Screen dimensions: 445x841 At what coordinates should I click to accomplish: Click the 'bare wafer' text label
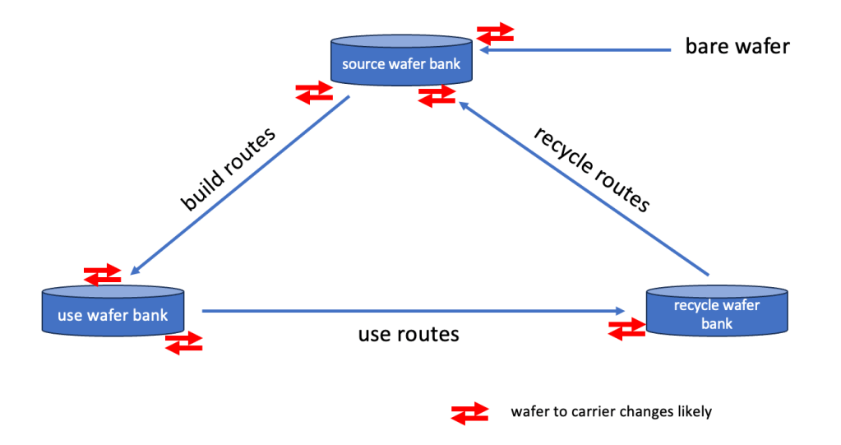737,46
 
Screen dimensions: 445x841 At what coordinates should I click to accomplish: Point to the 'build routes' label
228,170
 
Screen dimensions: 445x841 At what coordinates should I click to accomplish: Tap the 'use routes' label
409,334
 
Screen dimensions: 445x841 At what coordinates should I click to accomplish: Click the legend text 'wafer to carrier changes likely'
611,411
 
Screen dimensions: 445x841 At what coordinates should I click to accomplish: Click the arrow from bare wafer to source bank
575,50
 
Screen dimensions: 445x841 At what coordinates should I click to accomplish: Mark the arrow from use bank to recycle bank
411,311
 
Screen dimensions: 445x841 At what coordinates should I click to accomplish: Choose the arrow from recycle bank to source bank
583,188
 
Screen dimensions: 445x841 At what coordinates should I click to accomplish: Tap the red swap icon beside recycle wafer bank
626,328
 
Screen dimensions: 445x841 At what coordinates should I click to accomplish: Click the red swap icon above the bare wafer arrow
495,33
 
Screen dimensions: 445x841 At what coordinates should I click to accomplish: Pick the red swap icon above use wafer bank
104,275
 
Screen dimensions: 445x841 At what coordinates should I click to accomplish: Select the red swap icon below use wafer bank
183,343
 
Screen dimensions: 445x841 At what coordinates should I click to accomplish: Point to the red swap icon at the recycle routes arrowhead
437,95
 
